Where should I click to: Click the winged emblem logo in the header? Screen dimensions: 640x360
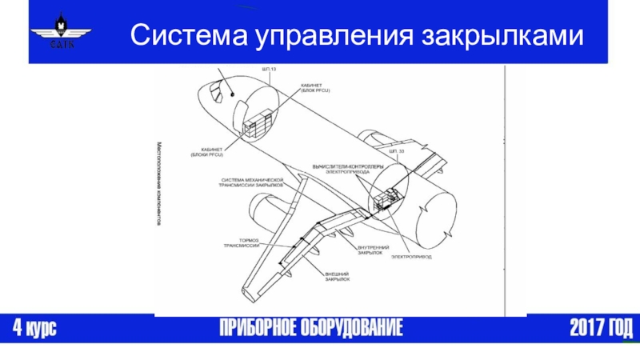[x=60, y=32]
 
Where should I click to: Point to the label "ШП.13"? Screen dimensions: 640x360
[x=269, y=70]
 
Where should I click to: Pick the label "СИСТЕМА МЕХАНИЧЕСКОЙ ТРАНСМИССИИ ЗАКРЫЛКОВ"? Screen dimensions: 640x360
[x=251, y=181]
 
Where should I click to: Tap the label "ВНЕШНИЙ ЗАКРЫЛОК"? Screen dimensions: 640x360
[x=340, y=277]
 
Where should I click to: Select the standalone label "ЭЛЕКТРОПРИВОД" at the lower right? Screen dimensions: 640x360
[x=411, y=257]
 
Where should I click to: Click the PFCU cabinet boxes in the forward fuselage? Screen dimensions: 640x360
[x=258, y=126]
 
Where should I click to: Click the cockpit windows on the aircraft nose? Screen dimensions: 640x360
[x=217, y=94]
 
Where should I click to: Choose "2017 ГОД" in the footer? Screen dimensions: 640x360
[x=601, y=328]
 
